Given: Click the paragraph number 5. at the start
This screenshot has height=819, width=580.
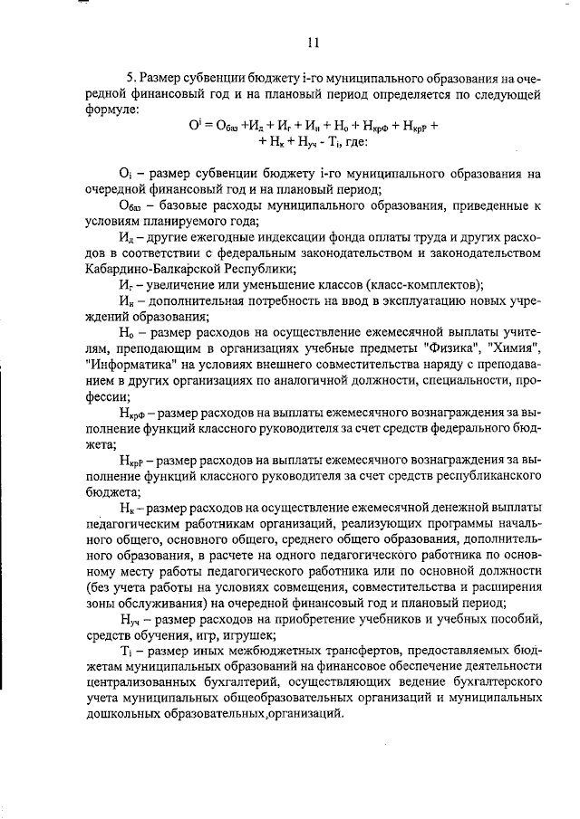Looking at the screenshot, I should tap(131, 79).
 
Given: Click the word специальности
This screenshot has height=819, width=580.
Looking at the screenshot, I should tap(451, 380).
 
